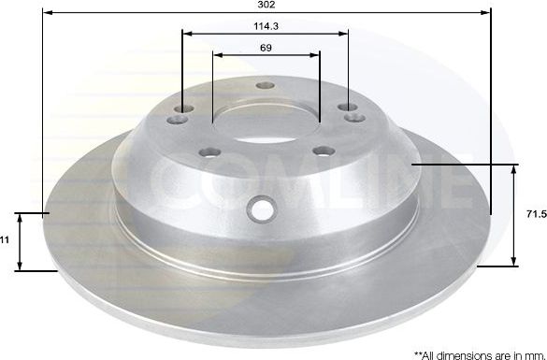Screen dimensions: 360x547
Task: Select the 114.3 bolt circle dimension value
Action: [266, 27]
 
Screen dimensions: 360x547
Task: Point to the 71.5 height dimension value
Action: [536, 215]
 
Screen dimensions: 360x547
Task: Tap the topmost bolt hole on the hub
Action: [266, 86]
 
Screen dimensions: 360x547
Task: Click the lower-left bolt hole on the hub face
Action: [211, 151]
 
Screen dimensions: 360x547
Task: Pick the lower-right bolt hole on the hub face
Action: [323, 151]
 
